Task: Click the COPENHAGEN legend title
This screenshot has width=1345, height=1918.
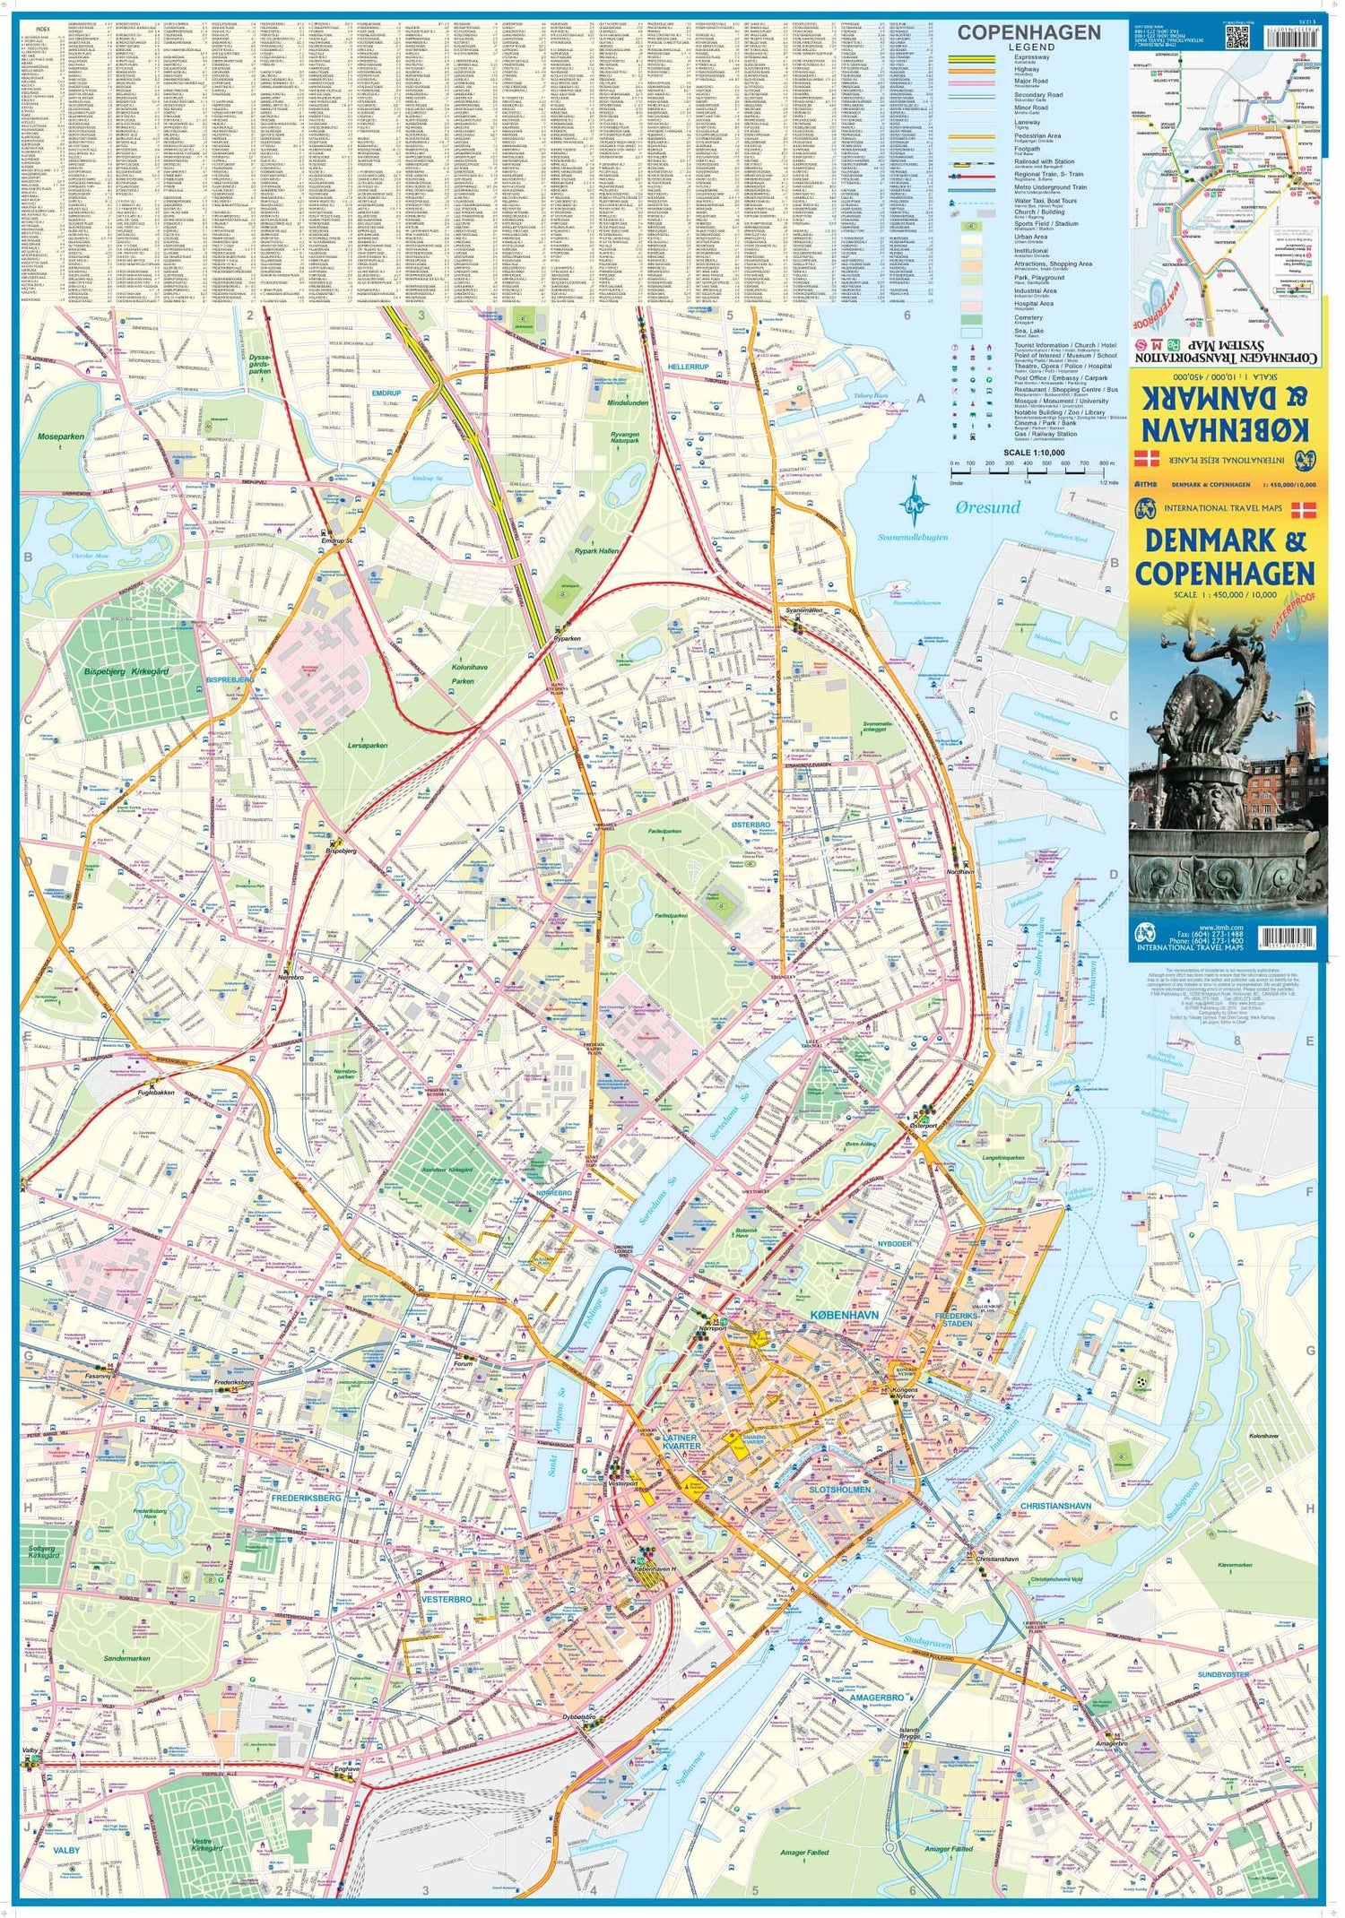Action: [1028, 33]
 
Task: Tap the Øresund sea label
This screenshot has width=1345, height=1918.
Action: [987, 507]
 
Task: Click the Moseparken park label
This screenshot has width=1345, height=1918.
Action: [61, 436]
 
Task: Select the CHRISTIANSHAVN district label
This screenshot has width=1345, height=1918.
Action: [1055, 1506]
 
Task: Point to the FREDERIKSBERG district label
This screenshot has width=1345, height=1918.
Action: [306, 1498]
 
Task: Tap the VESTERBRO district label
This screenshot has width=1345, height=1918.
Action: [446, 1599]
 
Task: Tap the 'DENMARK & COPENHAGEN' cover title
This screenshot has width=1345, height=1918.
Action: [1224, 557]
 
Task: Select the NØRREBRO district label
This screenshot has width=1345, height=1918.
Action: [553, 1194]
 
